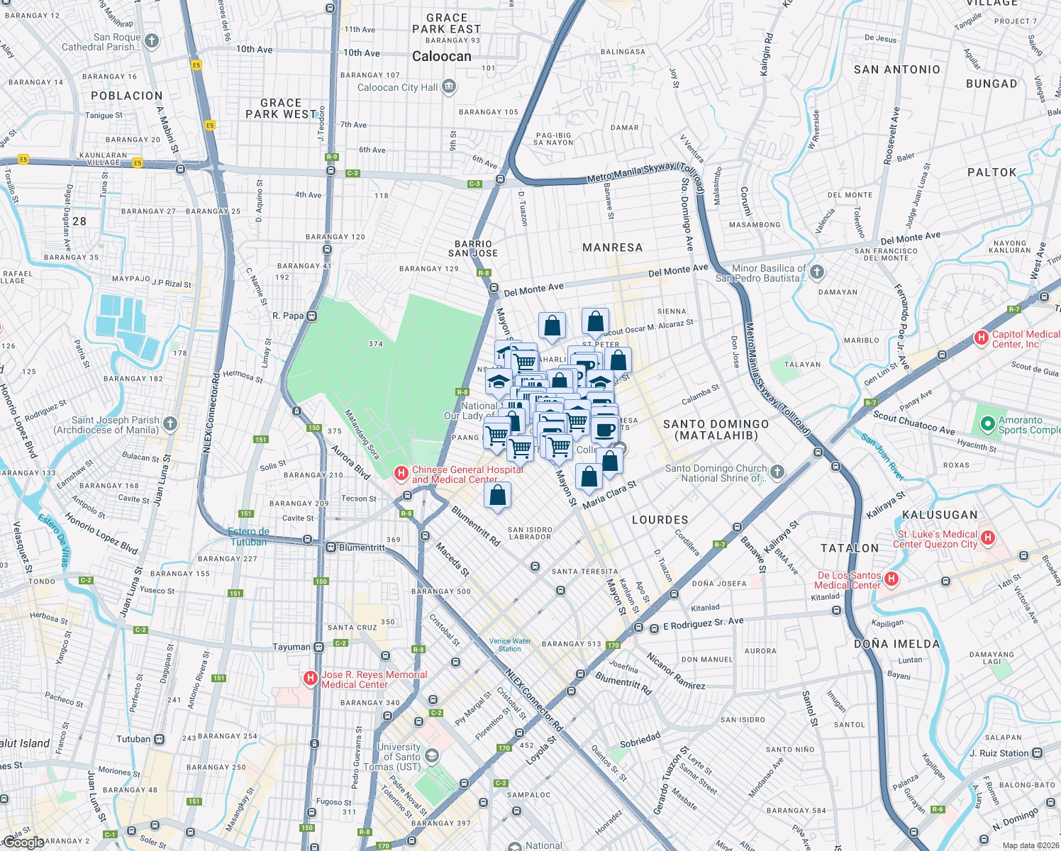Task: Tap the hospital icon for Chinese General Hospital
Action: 401,472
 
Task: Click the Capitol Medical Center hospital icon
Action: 982,338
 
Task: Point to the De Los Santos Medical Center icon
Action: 891,579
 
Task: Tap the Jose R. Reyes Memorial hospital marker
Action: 310,679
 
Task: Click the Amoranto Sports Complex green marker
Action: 987,424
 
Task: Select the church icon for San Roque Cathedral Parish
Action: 152,41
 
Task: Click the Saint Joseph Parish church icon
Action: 170,424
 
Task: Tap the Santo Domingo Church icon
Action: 777,472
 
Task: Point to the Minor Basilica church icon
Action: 817,272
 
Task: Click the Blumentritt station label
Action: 362,547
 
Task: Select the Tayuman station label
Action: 291,647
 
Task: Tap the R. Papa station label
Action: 288,316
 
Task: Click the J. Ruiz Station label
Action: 999,753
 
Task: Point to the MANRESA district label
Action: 612,247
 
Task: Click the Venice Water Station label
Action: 510,645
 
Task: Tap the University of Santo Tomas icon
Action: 432,757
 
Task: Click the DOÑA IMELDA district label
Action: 896,644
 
